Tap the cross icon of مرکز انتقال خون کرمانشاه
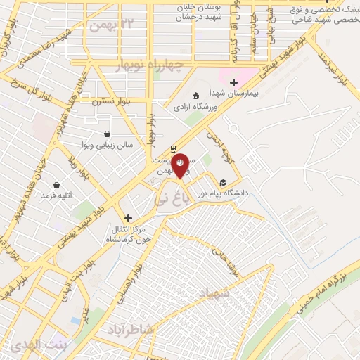tap(128, 219)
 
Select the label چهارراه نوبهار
tap(157, 67)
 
